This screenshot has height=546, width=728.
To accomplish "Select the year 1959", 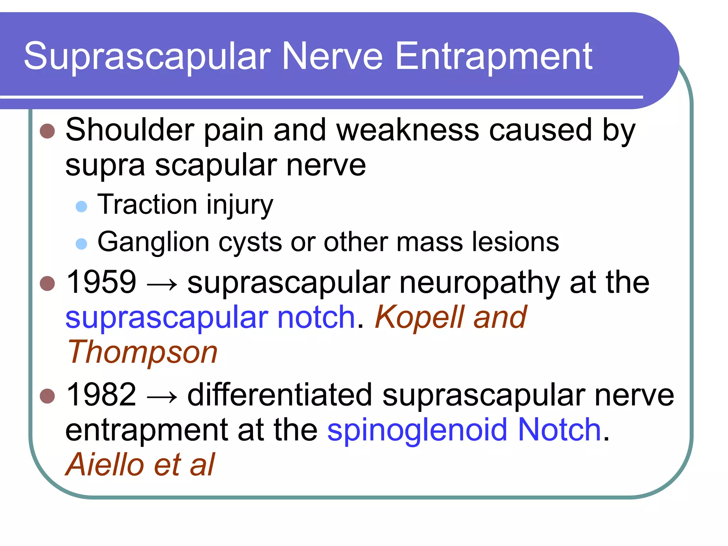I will tap(101, 282).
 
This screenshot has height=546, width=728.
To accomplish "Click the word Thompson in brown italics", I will tap(142, 353).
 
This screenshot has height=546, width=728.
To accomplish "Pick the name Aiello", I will tap(105, 465).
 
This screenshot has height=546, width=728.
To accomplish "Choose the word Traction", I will tap(147, 205).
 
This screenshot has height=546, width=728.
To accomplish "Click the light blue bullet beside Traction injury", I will tap(81, 207).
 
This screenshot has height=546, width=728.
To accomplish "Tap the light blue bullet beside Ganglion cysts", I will tap(81, 244).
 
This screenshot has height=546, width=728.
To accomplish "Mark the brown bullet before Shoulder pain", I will tap(47, 131).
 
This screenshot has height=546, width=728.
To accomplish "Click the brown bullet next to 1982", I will tap(47, 396).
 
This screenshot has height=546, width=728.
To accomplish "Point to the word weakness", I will tap(408, 130).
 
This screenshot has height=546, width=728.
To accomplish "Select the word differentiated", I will tap(279, 395).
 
